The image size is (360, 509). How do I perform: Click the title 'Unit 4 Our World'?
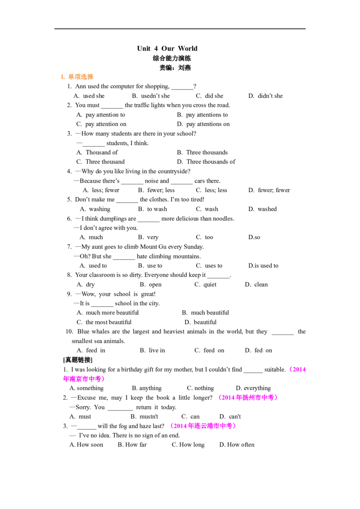tap(167, 49)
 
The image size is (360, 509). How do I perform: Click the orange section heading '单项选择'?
tap(81, 77)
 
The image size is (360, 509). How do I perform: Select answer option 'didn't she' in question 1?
tap(270, 96)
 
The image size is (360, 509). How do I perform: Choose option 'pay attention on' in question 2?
tap(106, 124)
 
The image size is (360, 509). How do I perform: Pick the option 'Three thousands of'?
tap(211, 162)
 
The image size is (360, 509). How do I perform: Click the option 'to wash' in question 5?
tap(157, 209)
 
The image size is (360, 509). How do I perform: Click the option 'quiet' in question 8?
tap(210, 284)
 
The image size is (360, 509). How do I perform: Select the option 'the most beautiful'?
tap(108, 322)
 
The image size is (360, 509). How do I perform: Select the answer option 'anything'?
tap(150, 388)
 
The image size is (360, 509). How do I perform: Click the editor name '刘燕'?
tap(184, 67)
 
